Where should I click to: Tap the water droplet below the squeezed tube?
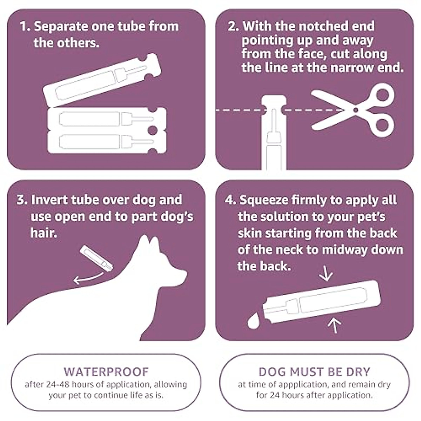coord(253,322)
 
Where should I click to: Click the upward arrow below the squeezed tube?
coord(335,325)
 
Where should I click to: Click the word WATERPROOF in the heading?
coord(106,372)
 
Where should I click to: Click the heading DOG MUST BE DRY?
coord(314,372)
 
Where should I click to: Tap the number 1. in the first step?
coord(25,26)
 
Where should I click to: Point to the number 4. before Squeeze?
coord(230,200)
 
